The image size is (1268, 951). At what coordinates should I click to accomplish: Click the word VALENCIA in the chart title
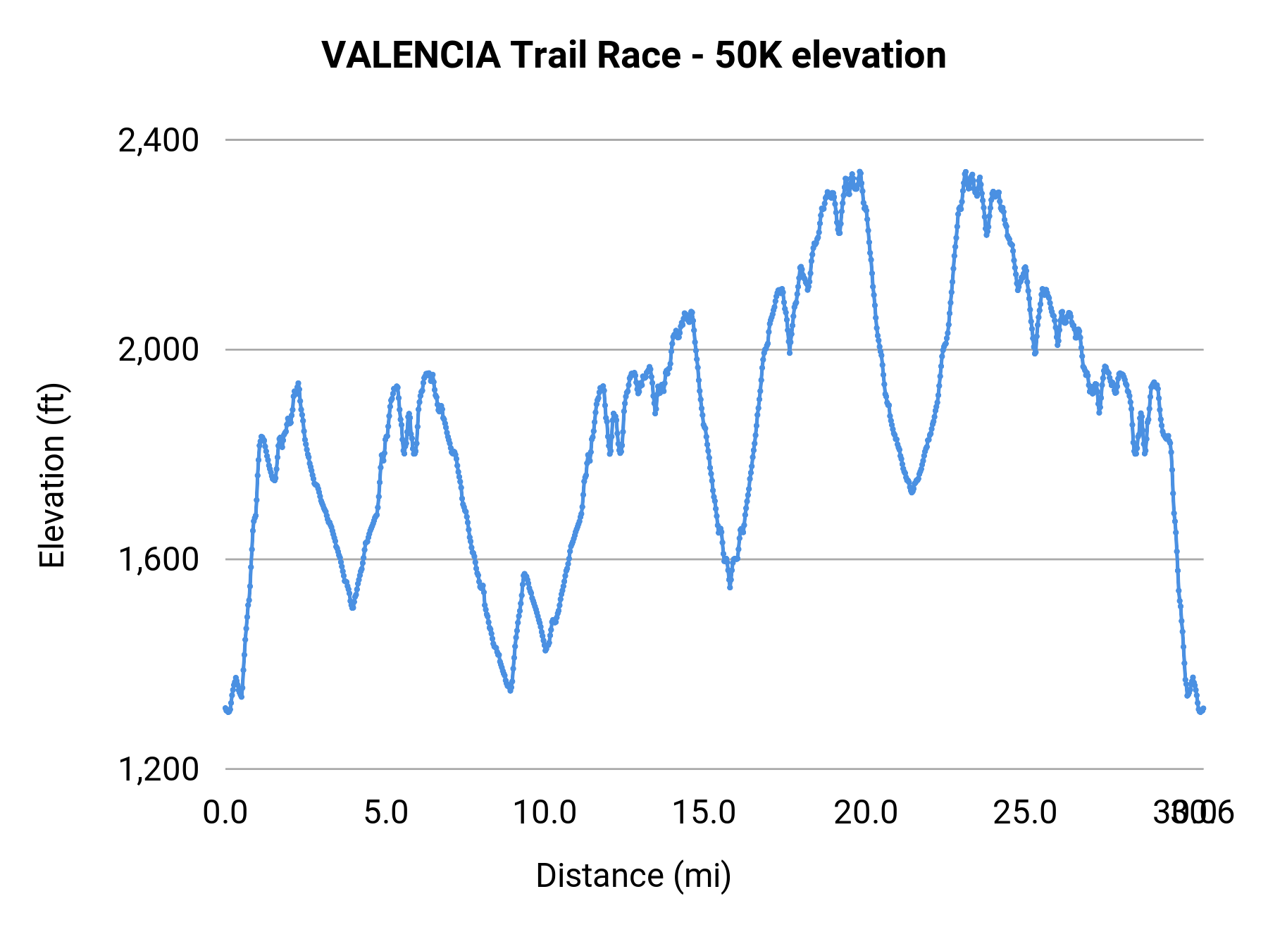(411, 56)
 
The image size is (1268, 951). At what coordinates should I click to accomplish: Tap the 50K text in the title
(748, 56)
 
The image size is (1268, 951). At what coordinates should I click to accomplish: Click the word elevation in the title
(869, 56)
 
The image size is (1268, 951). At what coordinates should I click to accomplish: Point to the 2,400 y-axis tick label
(158, 140)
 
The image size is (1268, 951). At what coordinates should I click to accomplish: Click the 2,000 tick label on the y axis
(158, 349)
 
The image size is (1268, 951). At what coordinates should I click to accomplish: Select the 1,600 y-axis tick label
(158, 559)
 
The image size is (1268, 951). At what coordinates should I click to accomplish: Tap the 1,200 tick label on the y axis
(158, 769)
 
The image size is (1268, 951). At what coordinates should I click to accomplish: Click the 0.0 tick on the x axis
(225, 813)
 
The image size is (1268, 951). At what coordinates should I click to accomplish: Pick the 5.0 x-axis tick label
(386, 813)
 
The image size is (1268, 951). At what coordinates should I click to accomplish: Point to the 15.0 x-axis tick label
(704, 813)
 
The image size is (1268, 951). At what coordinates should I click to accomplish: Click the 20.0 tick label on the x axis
(866, 813)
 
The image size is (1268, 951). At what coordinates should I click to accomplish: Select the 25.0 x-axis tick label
(1025, 813)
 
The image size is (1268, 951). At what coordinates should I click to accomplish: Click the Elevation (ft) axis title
(52, 475)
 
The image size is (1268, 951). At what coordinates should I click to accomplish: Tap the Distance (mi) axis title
(633, 876)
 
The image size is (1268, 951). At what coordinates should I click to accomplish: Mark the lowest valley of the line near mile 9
(510, 690)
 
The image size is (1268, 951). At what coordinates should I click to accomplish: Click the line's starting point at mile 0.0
(225, 709)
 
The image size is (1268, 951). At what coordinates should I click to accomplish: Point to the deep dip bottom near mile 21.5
(912, 492)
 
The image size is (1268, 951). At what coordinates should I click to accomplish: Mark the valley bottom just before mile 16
(730, 587)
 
